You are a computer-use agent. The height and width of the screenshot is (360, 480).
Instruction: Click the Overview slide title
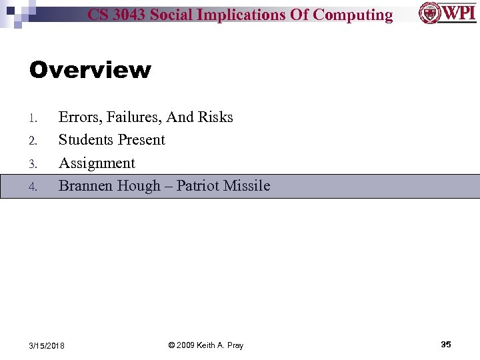(x=90, y=70)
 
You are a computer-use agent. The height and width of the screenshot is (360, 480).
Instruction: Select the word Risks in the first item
(x=215, y=117)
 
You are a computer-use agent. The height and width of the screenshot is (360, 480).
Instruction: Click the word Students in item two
(x=86, y=140)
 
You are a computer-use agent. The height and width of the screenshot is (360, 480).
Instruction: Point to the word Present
(x=141, y=140)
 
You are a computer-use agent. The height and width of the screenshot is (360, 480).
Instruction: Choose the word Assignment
(x=97, y=163)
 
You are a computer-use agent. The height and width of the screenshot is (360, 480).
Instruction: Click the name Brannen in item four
(x=85, y=186)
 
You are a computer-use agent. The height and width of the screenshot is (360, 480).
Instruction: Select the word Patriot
(x=198, y=186)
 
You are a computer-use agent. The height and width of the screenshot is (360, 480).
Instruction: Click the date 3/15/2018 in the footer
(x=47, y=345)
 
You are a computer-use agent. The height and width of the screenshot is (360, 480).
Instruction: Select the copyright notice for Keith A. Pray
(x=205, y=345)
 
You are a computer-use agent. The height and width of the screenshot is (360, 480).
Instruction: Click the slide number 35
(x=446, y=345)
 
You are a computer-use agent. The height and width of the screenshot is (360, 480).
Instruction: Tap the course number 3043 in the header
(x=128, y=15)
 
